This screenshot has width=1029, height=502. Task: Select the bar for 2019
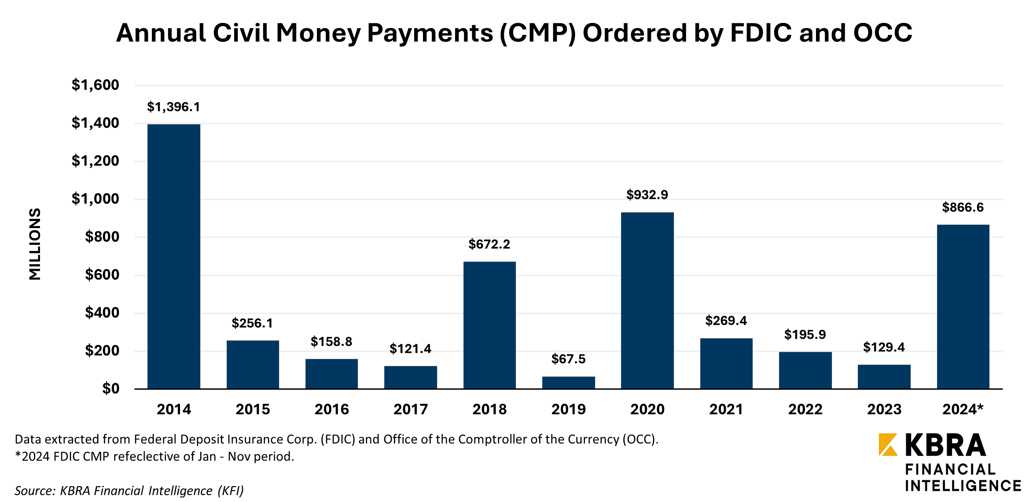(x=568, y=383)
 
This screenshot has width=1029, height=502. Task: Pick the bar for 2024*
(x=963, y=306)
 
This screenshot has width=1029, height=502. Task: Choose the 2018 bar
(x=489, y=325)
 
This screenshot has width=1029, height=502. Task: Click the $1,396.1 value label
(x=173, y=107)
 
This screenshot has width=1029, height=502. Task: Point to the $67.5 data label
(x=568, y=359)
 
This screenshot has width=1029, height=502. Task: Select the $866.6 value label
(x=963, y=207)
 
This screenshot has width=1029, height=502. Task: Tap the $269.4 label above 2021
(x=726, y=321)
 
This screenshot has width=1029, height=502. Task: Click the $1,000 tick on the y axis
(x=95, y=199)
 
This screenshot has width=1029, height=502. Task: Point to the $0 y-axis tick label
(x=110, y=388)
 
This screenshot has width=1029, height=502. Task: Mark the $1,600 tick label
(x=95, y=85)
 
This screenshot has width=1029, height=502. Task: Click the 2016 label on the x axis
(x=331, y=410)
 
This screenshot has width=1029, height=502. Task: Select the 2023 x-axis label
(x=884, y=410)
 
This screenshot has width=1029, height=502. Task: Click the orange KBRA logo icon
(x=888, y=445)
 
